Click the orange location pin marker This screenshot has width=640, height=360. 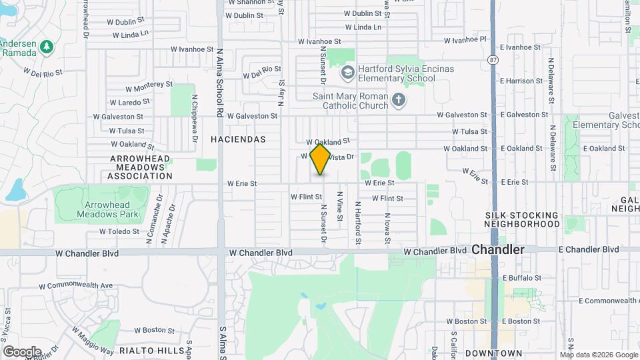pos(321,159)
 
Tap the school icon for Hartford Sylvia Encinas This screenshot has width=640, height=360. pos(347,71)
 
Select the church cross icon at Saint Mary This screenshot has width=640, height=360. pos(398,100)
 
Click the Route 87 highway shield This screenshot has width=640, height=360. pos(492,59)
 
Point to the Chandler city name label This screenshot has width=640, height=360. pos(498,249)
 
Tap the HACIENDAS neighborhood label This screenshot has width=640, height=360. pos(238,139)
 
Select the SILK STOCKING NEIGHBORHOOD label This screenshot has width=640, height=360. pos(522,219)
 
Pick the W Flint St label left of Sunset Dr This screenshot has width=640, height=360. pos(306,197)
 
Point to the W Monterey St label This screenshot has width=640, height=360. pos(149,87)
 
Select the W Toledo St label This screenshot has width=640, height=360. pos(119,231)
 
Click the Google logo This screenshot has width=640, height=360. pos(22,351)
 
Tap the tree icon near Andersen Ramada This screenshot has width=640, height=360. pos(46,47)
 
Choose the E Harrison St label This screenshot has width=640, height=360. pos(525,81)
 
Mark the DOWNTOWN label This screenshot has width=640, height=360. pos(493,353)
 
